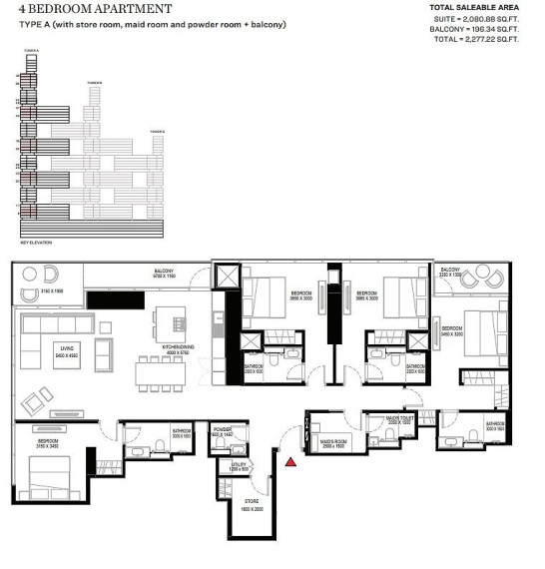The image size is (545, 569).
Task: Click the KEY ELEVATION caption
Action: point(36,243)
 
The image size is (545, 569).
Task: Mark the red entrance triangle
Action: point(290,461)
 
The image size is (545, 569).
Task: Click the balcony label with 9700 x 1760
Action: point(165,273)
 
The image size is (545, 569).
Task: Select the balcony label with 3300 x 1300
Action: point(450,272)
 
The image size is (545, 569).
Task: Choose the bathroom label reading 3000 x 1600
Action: point(181,433)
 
